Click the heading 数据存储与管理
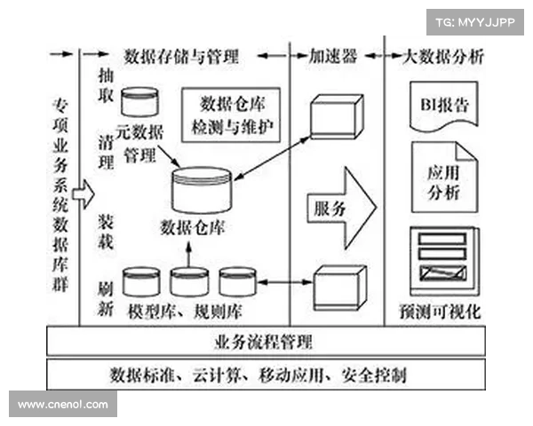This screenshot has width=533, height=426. (182, 58)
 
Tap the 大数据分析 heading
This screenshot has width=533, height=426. (442, 58)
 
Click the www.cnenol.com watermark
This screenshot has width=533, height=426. (63, 404)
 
